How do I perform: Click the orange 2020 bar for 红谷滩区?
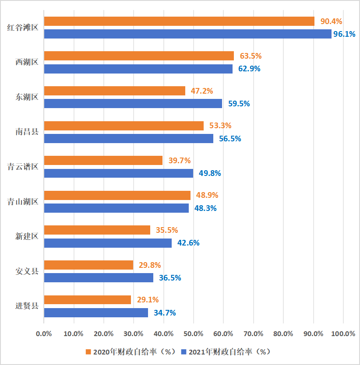[179, 21]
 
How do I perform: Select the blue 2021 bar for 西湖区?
[138, 69]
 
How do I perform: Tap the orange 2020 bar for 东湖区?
[115, 91]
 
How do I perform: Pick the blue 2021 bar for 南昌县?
[129, 138]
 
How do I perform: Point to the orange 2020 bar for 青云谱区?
[103, 160]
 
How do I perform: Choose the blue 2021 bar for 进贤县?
[96, 312]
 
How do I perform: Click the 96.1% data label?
[344, 34]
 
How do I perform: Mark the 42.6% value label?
[188, 243]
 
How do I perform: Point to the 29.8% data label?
[150, 265]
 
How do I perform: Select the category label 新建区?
[27, 236]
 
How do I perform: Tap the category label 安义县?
[27, 271]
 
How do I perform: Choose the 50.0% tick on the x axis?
[194, 334]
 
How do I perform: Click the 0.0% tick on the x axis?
[44, 334]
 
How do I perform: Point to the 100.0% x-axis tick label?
[343, 334]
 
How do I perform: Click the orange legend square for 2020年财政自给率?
[88, 352]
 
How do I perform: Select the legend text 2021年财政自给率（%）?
[228, 352]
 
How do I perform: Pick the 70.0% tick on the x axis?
[254, 334]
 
